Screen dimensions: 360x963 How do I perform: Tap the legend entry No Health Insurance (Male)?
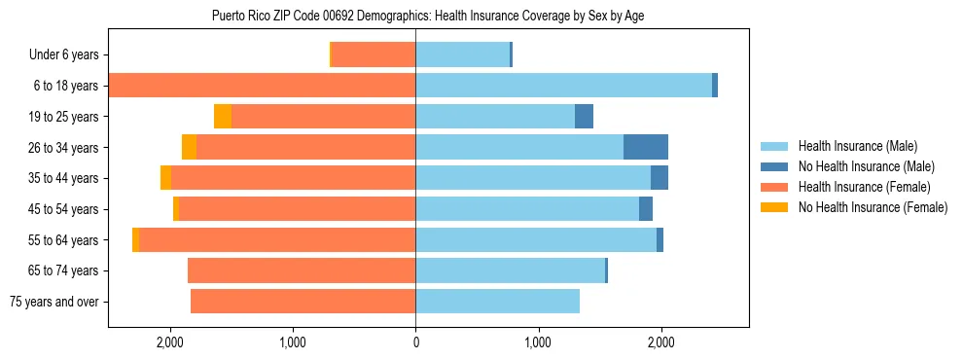(859, 166)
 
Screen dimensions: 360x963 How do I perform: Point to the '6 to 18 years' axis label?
(65, 86)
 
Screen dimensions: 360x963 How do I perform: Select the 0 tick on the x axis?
(415, 342)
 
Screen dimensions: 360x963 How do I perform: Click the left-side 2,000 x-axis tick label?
(169, 342)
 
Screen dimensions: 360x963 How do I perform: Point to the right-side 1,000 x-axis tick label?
(538, 342)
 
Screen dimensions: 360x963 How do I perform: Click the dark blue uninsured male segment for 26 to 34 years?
(646, 147)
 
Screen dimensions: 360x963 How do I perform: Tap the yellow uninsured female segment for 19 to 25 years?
(223, 117)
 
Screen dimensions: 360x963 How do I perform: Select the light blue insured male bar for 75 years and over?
(497, 302)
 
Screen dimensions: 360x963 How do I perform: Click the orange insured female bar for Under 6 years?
(374, 54)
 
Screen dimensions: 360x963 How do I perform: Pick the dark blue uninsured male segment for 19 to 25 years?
(584, 117)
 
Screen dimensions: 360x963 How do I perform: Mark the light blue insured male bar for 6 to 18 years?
(563, 86)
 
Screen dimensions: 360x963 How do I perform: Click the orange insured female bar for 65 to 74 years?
(302, 270)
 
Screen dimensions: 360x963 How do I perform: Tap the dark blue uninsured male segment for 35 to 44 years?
(660, 178)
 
